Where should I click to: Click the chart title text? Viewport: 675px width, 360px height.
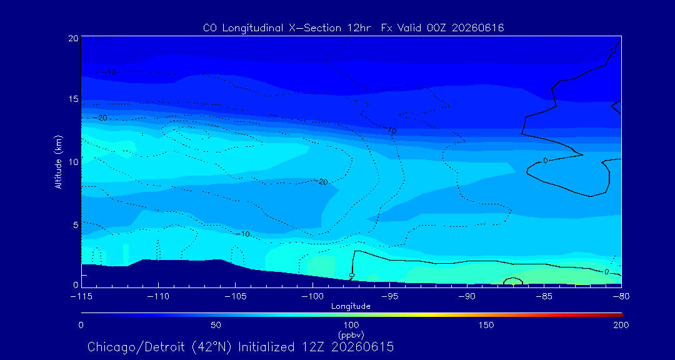tap(353, 28)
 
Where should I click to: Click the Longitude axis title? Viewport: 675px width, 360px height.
tap(351, 307)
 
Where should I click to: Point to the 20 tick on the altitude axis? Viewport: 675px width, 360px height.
tap(72, 38)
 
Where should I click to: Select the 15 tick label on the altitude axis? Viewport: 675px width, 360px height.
tap(72, 99)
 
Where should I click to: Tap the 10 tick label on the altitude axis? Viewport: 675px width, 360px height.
tap(72, 162)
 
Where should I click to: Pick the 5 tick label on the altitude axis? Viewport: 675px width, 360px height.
tap(75, 225)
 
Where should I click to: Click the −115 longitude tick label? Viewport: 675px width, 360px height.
tap(81, 297)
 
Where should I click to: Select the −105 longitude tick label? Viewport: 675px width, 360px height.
tap(236, 297)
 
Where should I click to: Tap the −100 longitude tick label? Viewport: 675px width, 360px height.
tap(312, 297)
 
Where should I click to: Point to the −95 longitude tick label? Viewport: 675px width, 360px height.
tap(389, 297)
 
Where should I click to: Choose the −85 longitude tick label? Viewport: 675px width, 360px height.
tap(544, 297)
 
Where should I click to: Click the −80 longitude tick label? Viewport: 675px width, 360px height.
tap(621, 297)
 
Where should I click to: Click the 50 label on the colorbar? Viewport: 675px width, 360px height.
tap(216, 325)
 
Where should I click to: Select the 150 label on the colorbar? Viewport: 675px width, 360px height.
tap(486, 325)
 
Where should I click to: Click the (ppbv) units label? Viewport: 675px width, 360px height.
tap(351, 334)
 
